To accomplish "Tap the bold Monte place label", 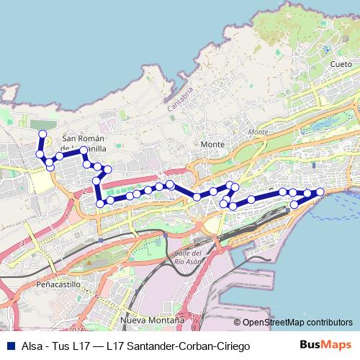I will click(212, 144).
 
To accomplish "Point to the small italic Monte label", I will click(257, 132).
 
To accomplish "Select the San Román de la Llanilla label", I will click(85, 143).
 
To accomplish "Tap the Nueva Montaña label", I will click(153, 318).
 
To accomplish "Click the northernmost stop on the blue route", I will click(42, 134).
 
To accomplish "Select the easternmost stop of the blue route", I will click(320, 191).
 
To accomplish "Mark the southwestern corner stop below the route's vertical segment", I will click(99, 202).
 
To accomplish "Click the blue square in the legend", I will click(9, 346).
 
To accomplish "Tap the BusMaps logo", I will click(325, 346).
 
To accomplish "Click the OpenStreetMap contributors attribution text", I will click(293, 323).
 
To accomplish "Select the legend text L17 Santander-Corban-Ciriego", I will click(178, 346).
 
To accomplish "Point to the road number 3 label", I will click(22, 244).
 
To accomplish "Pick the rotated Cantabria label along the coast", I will click(181, 99).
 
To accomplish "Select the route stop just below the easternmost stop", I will click(294, 205).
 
